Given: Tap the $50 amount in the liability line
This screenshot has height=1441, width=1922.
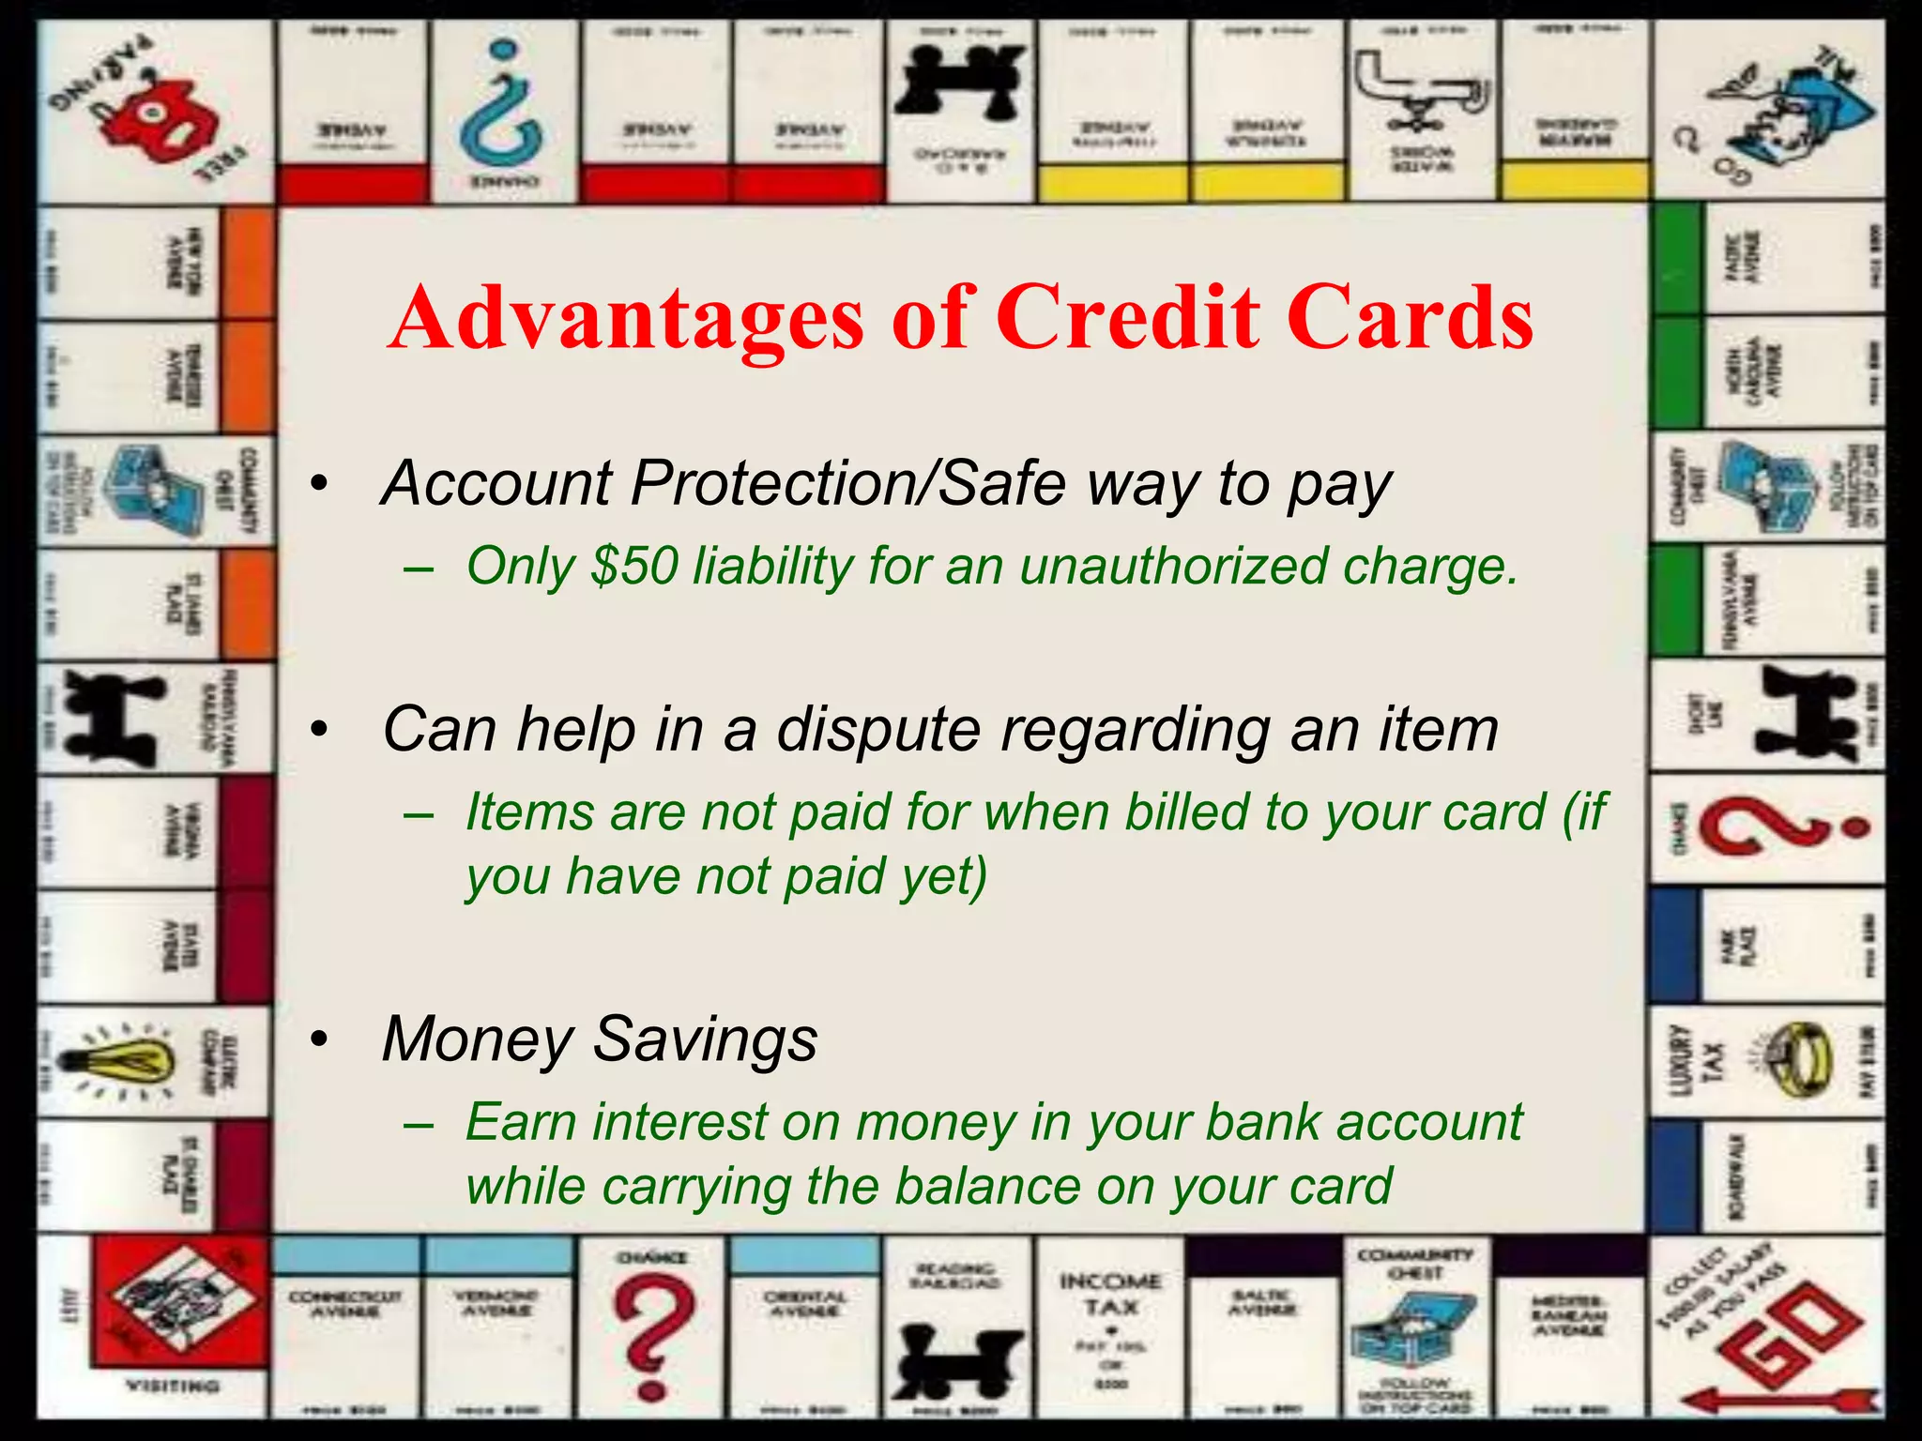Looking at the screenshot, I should [634, 567].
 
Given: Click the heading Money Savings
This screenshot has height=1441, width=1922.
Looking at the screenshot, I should [600, 1039].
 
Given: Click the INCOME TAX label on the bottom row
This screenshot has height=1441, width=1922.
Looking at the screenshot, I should [1110, 1294].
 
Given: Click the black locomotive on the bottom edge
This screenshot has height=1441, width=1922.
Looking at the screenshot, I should [957, 1360].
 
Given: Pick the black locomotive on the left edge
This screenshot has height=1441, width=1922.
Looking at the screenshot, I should [113, 718].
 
